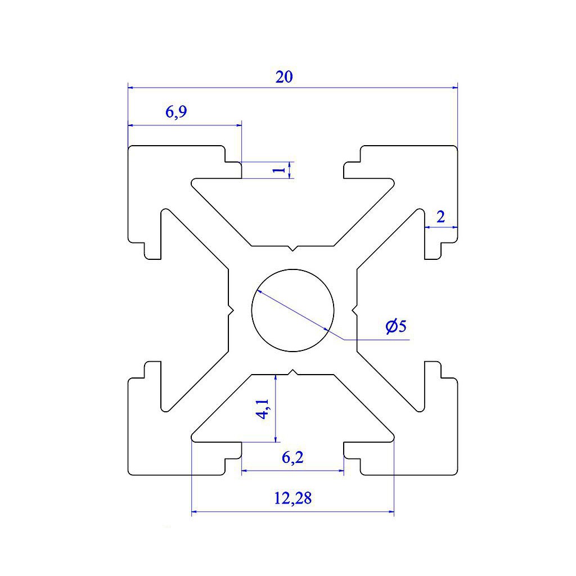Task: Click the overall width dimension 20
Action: (284, 77)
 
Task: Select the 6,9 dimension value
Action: (175, 112)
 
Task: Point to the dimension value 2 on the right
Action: (440, 217)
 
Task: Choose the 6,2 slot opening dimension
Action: (292, 458)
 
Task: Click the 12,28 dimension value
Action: (292, 498)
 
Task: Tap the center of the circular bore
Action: (292, 310)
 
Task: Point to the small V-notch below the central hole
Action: (292, 371)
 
